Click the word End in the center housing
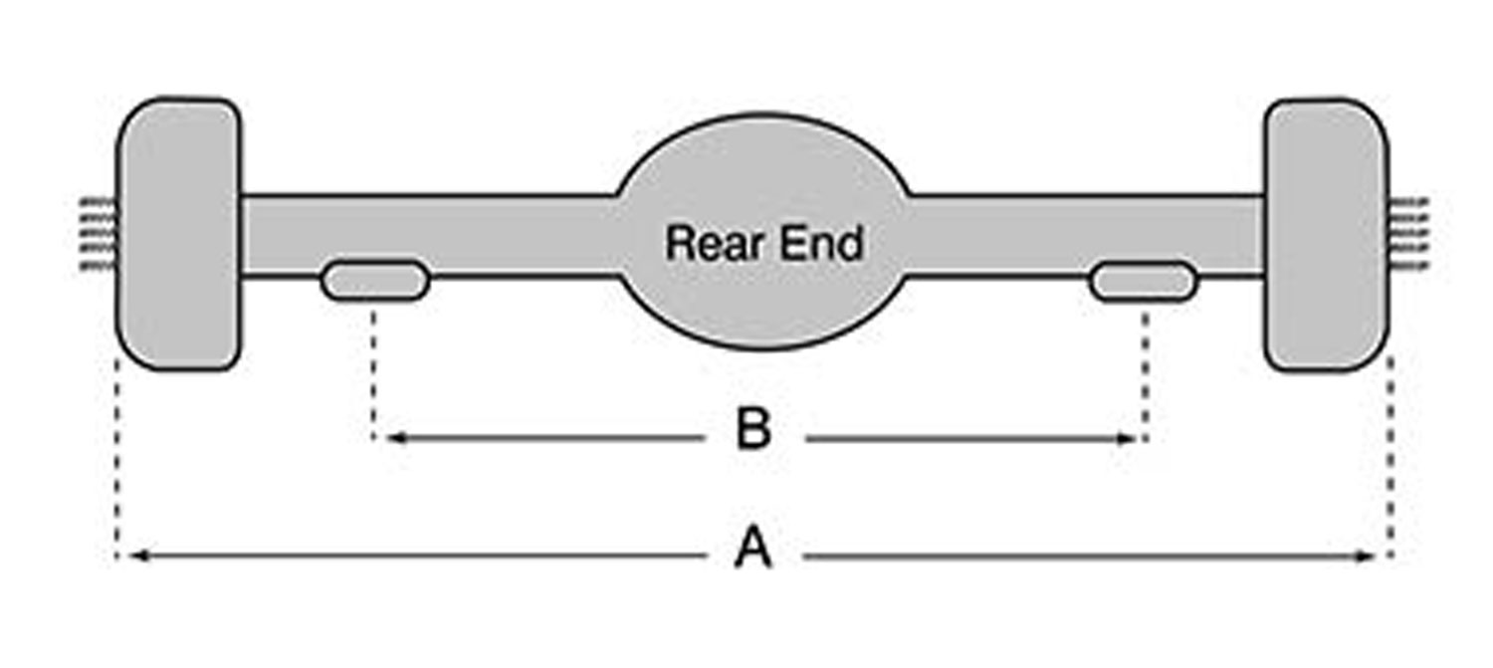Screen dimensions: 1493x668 pos(822,243)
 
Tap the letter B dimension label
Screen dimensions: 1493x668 pos(753,429)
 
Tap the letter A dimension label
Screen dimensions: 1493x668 pos(753,547)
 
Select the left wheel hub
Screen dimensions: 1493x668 pos(178,233)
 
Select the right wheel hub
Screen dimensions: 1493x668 pos(1327,235)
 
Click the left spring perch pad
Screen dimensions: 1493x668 pos(375,281)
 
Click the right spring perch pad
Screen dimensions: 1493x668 pos(1143,282)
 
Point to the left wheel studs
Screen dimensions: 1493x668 pos(98,233)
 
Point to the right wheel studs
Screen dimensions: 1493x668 pos(1409,233)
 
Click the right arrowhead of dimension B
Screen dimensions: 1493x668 pos(1127,439)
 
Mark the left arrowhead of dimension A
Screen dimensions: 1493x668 pos(138,556)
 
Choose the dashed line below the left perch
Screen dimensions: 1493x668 pos(373,373)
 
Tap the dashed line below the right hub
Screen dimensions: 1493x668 pos(1390,457)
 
